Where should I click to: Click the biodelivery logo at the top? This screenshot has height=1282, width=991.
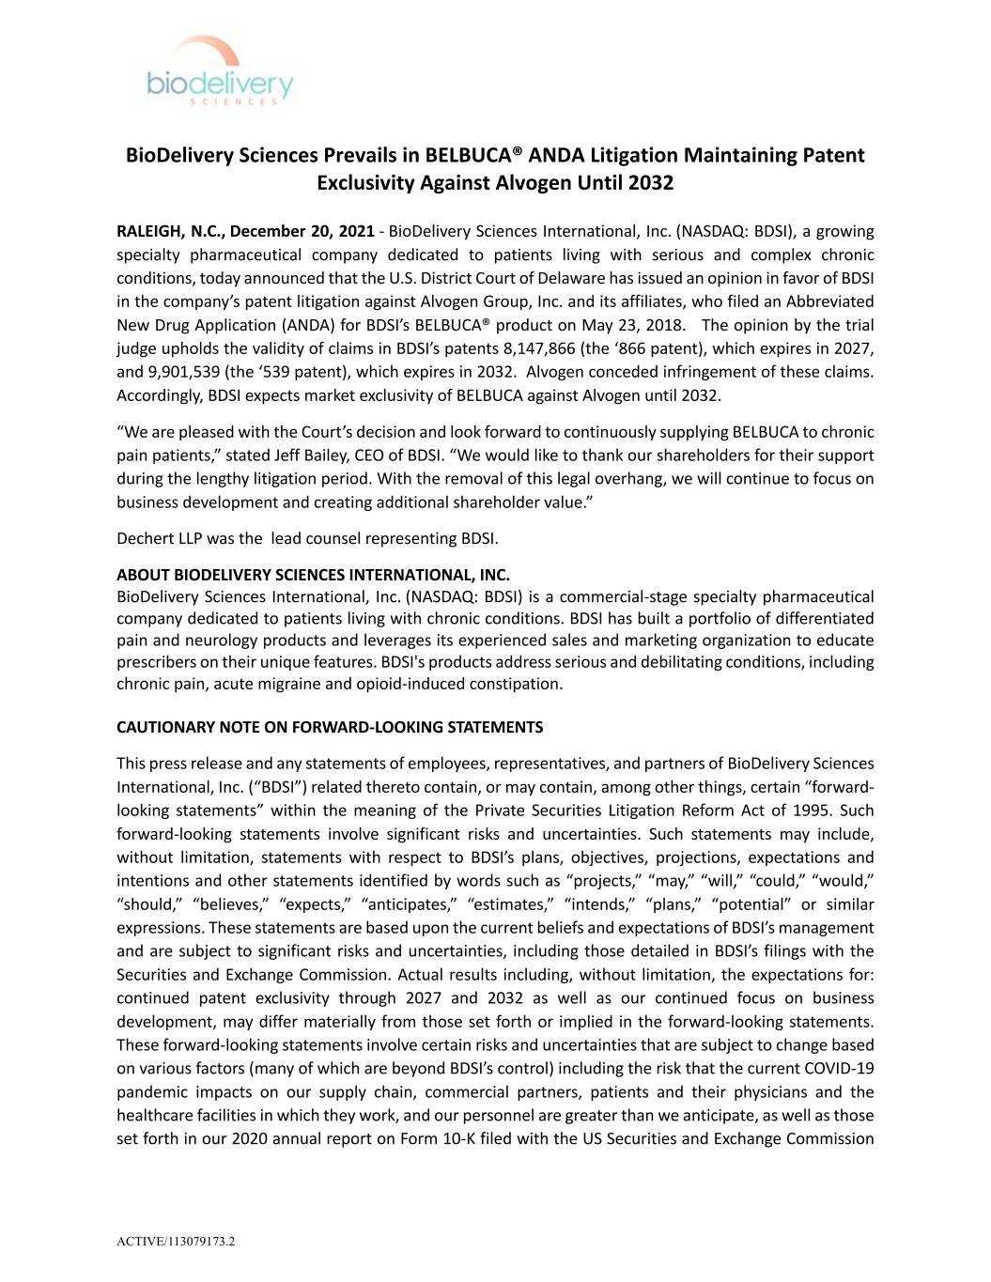coord(220,73)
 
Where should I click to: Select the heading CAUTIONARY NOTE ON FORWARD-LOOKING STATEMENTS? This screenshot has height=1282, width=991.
coord(330,727)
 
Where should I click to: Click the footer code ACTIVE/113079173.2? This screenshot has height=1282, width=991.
coord(176,1242)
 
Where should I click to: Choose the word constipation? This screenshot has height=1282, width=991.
coord(516,684)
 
